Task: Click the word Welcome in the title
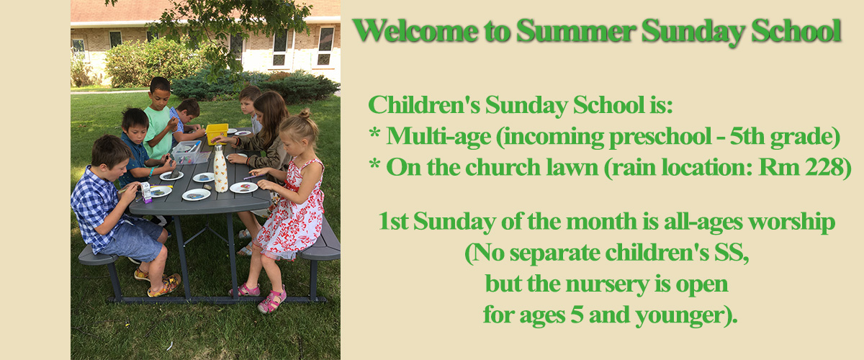(415, 30)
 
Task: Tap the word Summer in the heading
(575, 30)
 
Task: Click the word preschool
(660, 138)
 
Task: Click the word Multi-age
(438, 138)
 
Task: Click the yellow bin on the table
(217, 133)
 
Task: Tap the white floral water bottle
(220, 168)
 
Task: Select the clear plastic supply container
(190, 153)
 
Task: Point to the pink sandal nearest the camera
(271, 300)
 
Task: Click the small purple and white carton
(146, 192)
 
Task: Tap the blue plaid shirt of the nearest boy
(96, 208)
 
